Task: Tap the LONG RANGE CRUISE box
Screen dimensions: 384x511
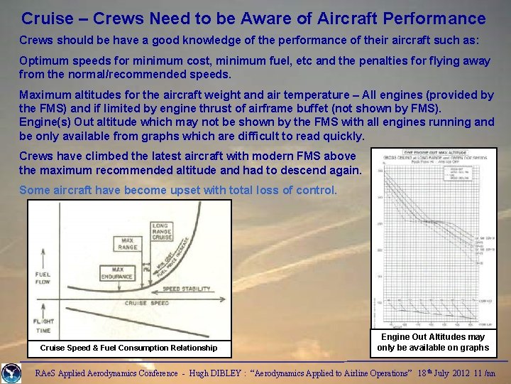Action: coord(160,232)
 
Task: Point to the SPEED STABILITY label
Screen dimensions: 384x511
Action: coord(187,289)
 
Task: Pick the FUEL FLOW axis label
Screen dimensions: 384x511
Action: coord(44,278)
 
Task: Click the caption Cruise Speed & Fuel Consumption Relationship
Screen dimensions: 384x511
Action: coord(128,348)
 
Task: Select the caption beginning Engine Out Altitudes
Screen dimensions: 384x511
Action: coord(433,342)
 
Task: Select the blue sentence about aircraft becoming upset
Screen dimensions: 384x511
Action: coord(178,190)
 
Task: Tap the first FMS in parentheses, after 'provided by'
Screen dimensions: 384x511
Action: coord(43,108)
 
